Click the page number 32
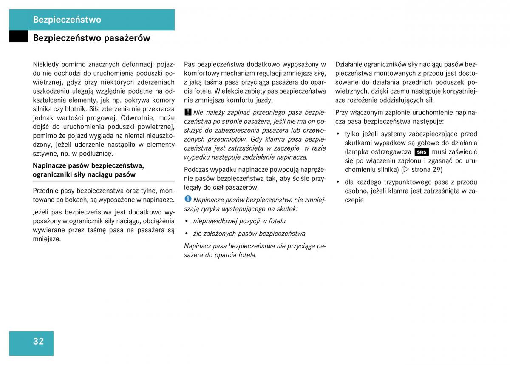tap(38, 341)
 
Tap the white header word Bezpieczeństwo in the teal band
tap(67, 20)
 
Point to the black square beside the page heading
tap(18, 37)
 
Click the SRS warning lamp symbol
tap(422, 152)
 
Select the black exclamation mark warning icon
tap(188, 112)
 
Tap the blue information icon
tap(188, 199)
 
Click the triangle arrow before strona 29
tap(406, 170)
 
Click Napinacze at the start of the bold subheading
tap(49, 165)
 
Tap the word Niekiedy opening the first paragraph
tap(45, 64)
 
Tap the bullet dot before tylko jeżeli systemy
tap(338, 134)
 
